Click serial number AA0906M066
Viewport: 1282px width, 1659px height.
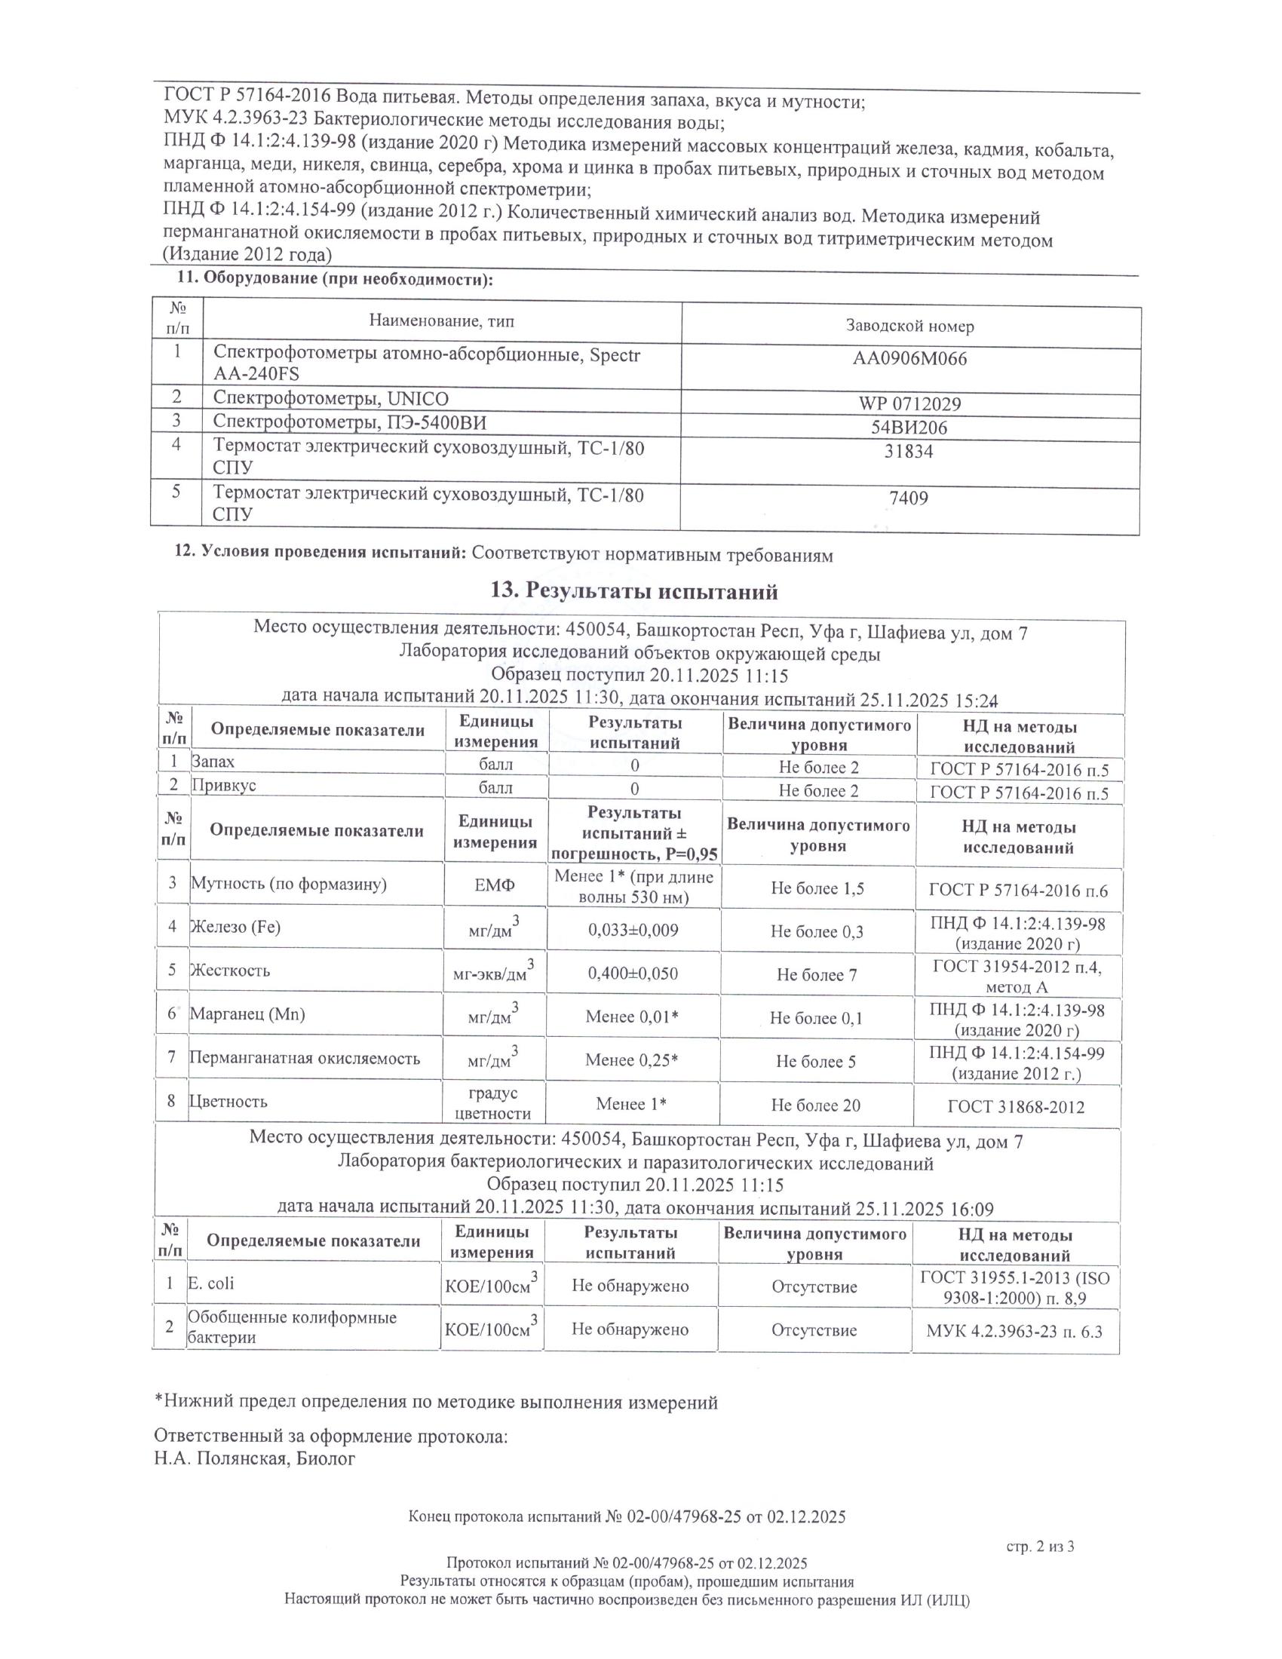[x=910, y=358]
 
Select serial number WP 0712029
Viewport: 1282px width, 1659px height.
[x=910, y=403]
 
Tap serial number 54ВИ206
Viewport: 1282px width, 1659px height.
[x=910, y=428]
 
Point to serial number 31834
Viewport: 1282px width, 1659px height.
[x=909, y=452]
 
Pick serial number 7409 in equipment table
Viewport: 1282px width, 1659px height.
[x=909, y=498]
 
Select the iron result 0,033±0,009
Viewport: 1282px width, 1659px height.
[x=633, y=931]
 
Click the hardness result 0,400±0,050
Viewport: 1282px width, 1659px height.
[x=633, y=974]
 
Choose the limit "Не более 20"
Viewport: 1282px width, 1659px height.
[x=816, y=1105]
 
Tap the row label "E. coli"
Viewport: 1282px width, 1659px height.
[x=211, y=1283]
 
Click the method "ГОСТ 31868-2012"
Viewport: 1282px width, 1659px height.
[x=1017, y=1107]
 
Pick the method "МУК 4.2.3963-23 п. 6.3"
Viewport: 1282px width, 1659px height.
[x=1014, y=1331]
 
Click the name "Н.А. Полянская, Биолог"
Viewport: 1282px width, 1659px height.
[x=254, y=1458]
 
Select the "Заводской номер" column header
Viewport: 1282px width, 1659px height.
[x=910, y=327]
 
